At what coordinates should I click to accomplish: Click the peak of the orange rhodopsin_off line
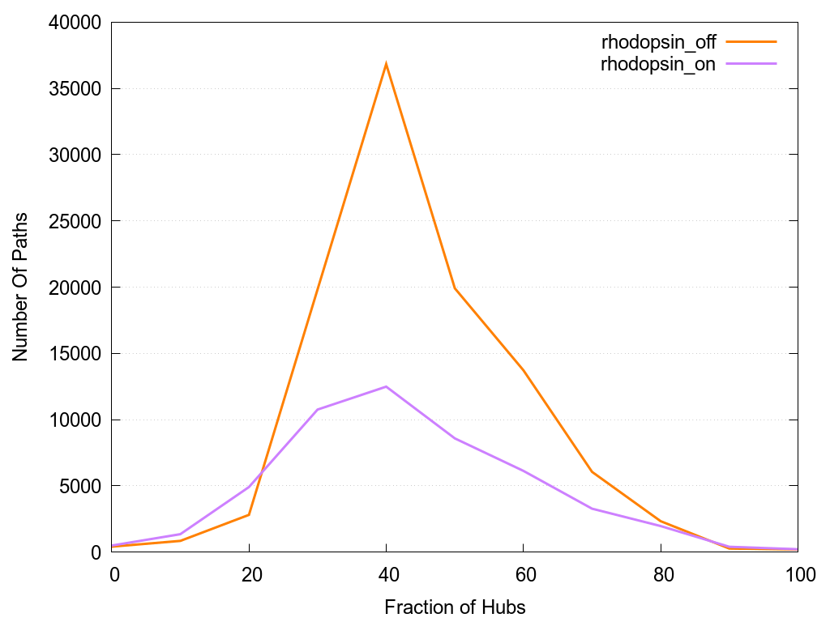point(387,63)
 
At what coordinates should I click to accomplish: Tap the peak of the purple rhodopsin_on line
point(387,386)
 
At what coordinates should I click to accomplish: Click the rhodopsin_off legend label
point(657,41)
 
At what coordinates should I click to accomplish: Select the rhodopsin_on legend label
point(657,65)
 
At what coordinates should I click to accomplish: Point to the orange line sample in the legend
point(752,41)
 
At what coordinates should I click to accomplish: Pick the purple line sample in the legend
point(752,64)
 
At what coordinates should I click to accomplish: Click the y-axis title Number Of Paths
point(20,287)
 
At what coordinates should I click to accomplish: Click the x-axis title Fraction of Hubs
point(455,607)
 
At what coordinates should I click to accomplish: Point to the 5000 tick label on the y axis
point(75,486)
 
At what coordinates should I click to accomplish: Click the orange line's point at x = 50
point(456,288)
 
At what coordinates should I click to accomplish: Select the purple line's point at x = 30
point(318,409)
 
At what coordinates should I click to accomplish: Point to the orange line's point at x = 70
point(593,471)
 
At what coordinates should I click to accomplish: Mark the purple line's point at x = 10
point(180,534)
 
